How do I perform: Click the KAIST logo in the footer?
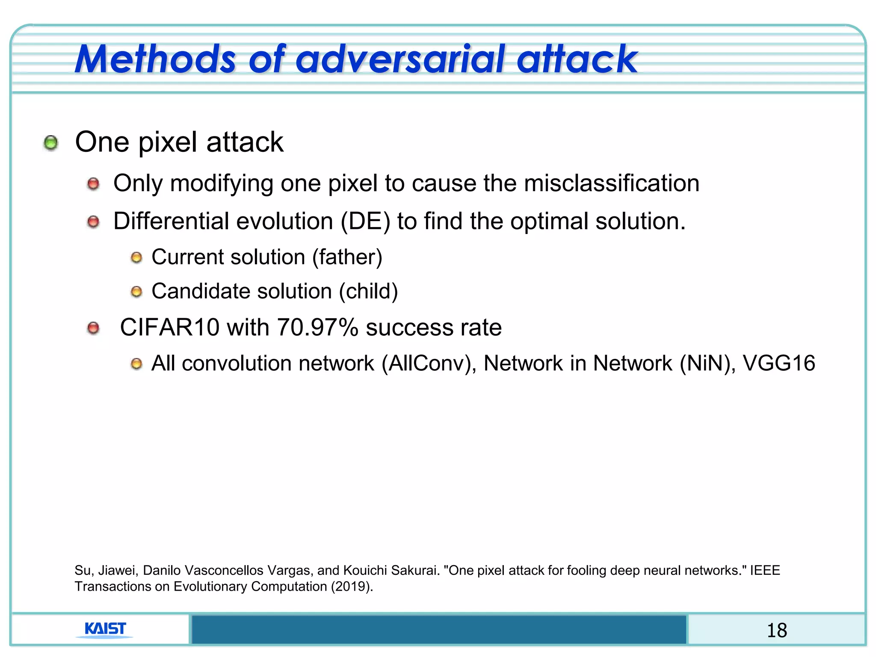pos(105,629)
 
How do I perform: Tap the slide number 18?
pos(776,630)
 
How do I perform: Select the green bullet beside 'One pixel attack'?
pos(51,142)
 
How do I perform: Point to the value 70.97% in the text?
pos(317,328)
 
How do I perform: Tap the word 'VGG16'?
pos(778,363)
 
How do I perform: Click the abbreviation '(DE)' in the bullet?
pos(365,222)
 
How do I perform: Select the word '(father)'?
pos(347,257)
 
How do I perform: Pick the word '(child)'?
pos(368,291)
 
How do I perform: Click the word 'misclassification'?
pos(611,183)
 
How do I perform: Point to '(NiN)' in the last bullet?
pos(708,364)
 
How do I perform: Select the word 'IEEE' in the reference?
pos(765,570)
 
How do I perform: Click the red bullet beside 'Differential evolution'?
pos(93,222)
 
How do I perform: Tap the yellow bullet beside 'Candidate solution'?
pos(136,292)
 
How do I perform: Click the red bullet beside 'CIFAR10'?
pos(93,328)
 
